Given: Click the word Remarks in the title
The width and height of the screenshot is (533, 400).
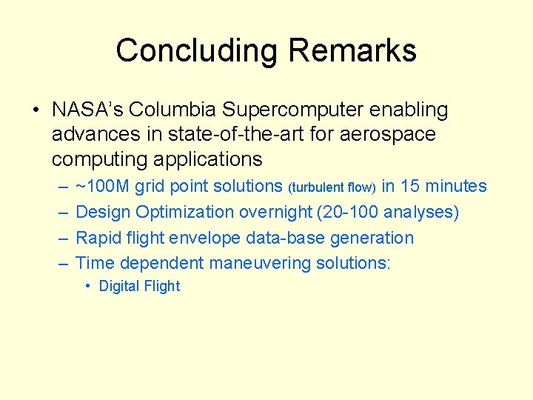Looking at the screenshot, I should pos(352,51).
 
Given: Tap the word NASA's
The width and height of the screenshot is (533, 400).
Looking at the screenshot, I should pos(87,110).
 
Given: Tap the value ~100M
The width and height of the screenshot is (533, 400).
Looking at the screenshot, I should pos(104,187).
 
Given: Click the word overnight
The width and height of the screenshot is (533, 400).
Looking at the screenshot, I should pos(275,213).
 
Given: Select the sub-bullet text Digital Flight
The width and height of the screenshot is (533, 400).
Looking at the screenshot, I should pos(139,287).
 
